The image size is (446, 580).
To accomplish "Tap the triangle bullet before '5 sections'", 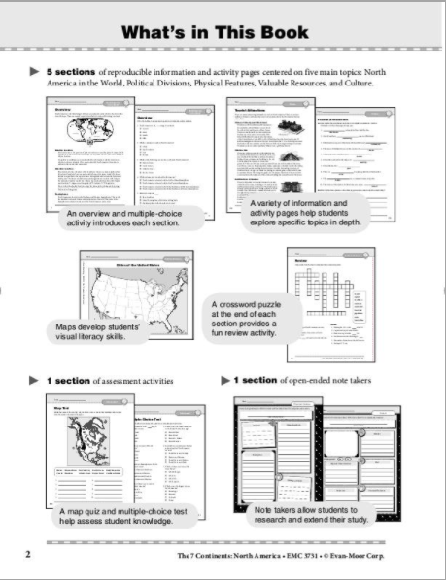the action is coord(35,72).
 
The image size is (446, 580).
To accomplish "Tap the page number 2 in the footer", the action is coord(26,554).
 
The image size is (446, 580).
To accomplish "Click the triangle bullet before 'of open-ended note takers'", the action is coord(226,380).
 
